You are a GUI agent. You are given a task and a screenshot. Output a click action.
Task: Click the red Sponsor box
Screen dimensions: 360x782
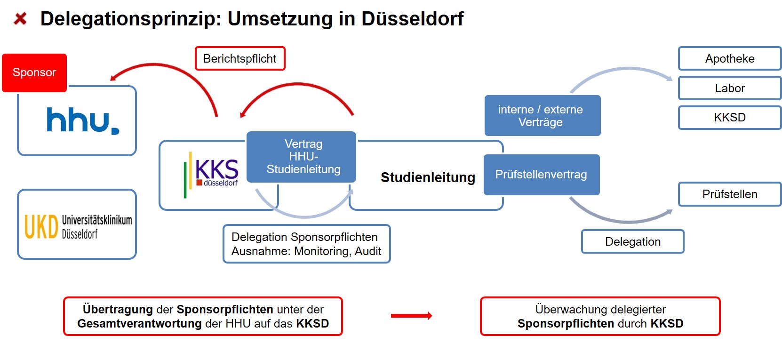pos(34,72)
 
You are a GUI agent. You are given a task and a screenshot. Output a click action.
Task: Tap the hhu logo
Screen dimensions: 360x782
pos(82,121)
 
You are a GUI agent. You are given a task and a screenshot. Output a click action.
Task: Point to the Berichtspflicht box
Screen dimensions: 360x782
pos(240,59)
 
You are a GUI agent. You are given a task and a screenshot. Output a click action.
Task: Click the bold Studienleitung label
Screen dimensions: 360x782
pos(428,177)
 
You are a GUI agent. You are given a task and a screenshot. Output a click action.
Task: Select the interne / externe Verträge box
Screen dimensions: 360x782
pos(542,116)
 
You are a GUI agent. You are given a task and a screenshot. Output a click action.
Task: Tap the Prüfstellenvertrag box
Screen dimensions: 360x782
pos(541,175)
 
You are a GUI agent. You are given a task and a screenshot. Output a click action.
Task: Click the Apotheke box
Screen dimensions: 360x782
pos(729,59)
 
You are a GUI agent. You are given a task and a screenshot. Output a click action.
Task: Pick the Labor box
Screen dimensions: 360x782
pos(729,88)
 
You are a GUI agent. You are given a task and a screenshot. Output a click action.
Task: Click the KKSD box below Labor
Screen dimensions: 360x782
pos(729,118)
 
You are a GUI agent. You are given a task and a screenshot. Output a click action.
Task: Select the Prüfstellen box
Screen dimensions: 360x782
pos(729,194)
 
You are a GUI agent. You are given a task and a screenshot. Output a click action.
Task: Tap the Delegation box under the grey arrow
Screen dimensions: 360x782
pos(632,242)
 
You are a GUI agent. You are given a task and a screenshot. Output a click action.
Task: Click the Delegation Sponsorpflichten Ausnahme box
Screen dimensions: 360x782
pos(306,244)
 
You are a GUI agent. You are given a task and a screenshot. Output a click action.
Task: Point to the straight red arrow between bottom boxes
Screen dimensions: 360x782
pos(411,316)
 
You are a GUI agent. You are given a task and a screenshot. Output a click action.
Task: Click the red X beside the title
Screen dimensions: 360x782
pos(20,19)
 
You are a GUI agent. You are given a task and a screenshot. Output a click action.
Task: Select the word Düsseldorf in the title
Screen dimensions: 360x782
pos(412,19)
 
